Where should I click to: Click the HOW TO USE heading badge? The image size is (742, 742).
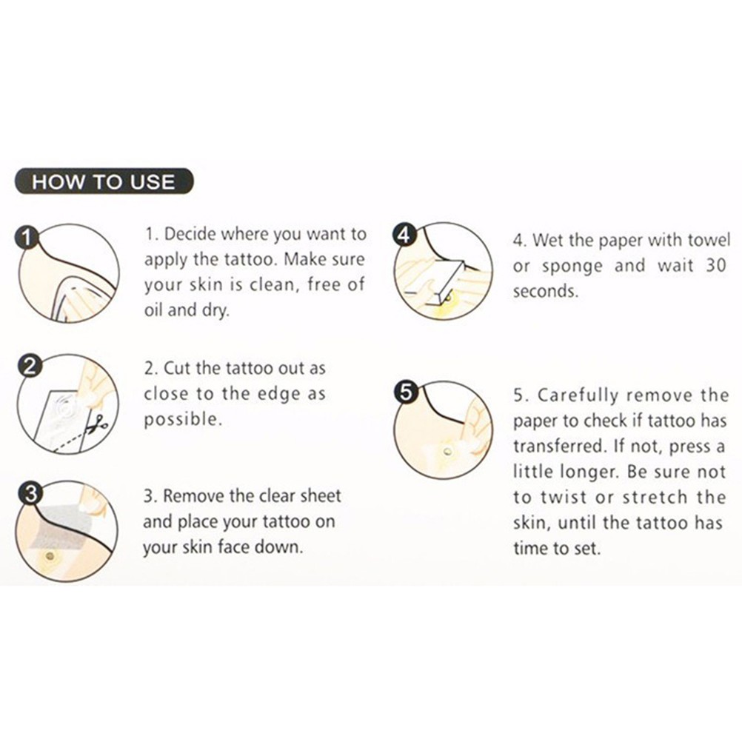(104, 181)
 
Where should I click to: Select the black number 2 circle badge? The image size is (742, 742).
(29, 367)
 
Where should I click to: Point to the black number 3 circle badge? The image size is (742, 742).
(30, 494)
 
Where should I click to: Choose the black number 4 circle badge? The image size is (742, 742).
(404, 234)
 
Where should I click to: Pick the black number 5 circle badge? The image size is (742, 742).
(406, 392)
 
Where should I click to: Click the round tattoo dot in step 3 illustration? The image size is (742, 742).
(49, 555)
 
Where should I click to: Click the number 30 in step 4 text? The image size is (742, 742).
(715, 265)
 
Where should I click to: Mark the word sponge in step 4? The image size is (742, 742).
(572, 267)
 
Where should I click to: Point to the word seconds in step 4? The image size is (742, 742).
(546, 291)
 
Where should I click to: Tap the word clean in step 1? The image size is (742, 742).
(275, 284)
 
